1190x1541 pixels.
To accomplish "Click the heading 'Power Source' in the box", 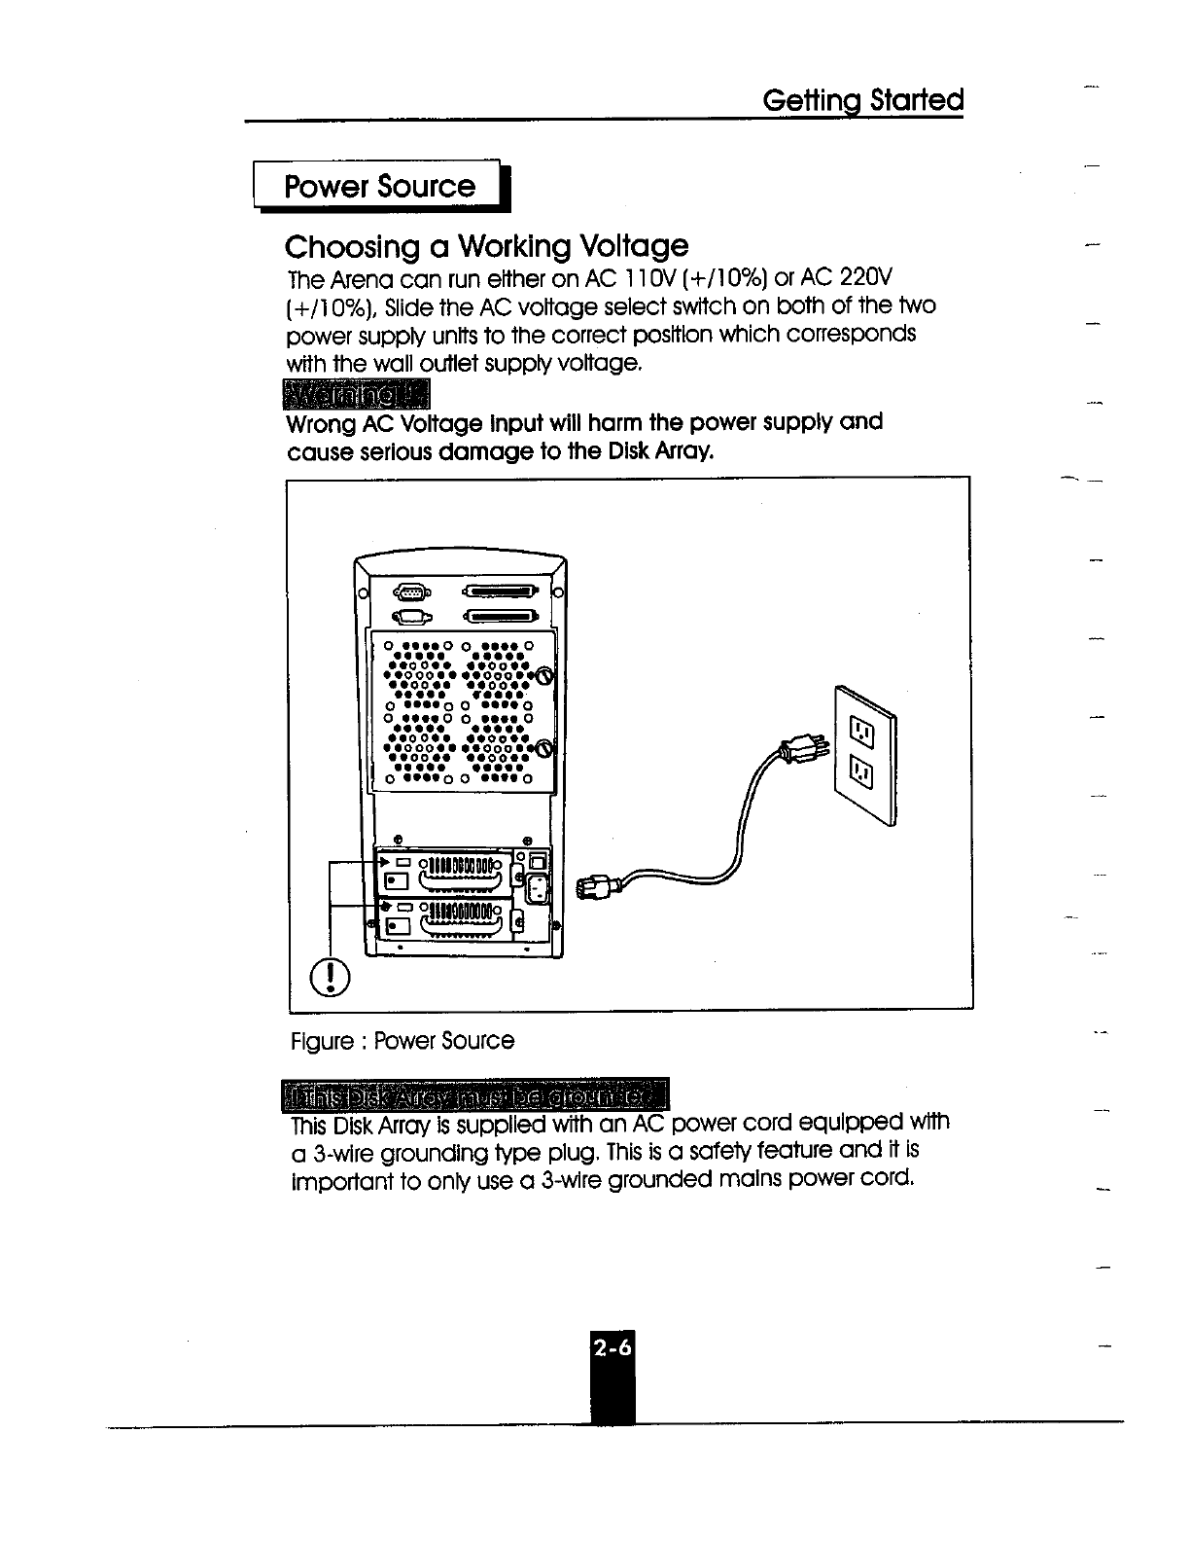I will point(379,186).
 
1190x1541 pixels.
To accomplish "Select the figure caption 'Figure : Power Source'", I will point(402,1041).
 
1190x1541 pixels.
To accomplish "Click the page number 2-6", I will point(612,1348).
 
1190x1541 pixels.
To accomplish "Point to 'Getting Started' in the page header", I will point(863,100).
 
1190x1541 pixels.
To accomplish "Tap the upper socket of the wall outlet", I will point(861,727).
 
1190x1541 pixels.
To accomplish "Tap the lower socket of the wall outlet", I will point(861,773).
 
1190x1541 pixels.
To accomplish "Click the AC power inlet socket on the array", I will point(536,887).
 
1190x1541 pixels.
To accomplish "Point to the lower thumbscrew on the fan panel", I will point(544,748).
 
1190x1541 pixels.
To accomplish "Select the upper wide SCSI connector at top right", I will point(502,591).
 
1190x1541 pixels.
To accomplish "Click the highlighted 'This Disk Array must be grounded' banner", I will point(475,1094).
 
